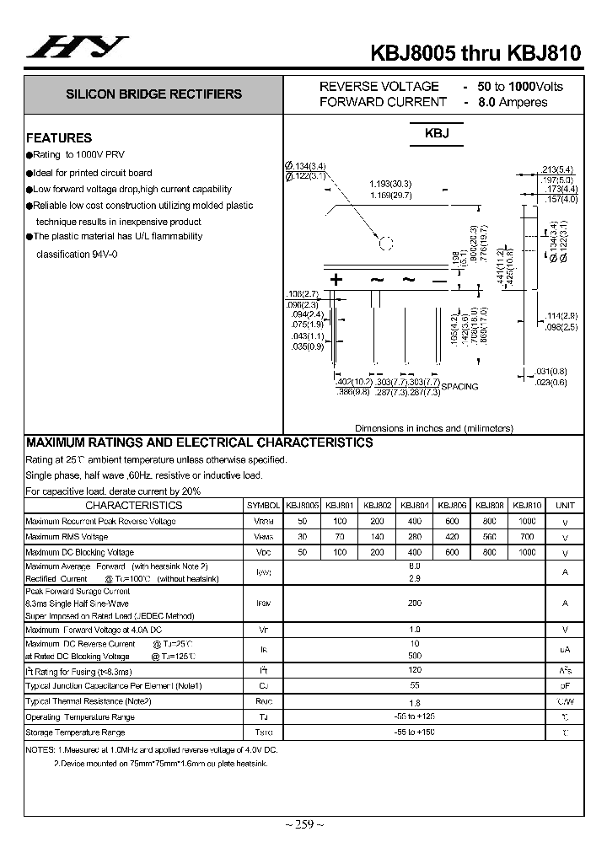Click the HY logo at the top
pyautogui.click(x=78, y=49)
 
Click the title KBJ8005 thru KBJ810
pyautogui.click(x=475, y=53)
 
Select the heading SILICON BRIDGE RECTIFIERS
pyautogui.click(x=154, y=94)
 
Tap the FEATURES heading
pyautogui.click(x=59, y=138)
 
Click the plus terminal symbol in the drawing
pyautogui.click(x=336, y=280)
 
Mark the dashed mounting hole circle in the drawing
pyautogui.click(x=386, y=244)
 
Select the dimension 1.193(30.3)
pyautogui.click(x=390, y=184)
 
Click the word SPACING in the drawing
pyautogui.click(x=459, y=387)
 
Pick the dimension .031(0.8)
pyautogui.click(x=551, y=371)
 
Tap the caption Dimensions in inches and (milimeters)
pyautogui.click(x=433, y=428)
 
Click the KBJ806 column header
pyautogui.click(x=452, y=506)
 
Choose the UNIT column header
pyautogui.click(x=565, y=506)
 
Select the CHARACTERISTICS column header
pyautogui.click(x=133, y=506)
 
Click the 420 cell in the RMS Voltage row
pyautogui.click(x=452, y=537)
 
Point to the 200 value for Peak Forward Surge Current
pyautogui.click(x=414, y=604)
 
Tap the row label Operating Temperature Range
pyautogui.click(x=80, y=717)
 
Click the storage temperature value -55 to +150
pyautogui.click(x=414, y=732)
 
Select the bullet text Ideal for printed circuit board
pyautogui.click(x=93, y=173)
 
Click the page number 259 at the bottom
pyautogui.click(x=303, y=824)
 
